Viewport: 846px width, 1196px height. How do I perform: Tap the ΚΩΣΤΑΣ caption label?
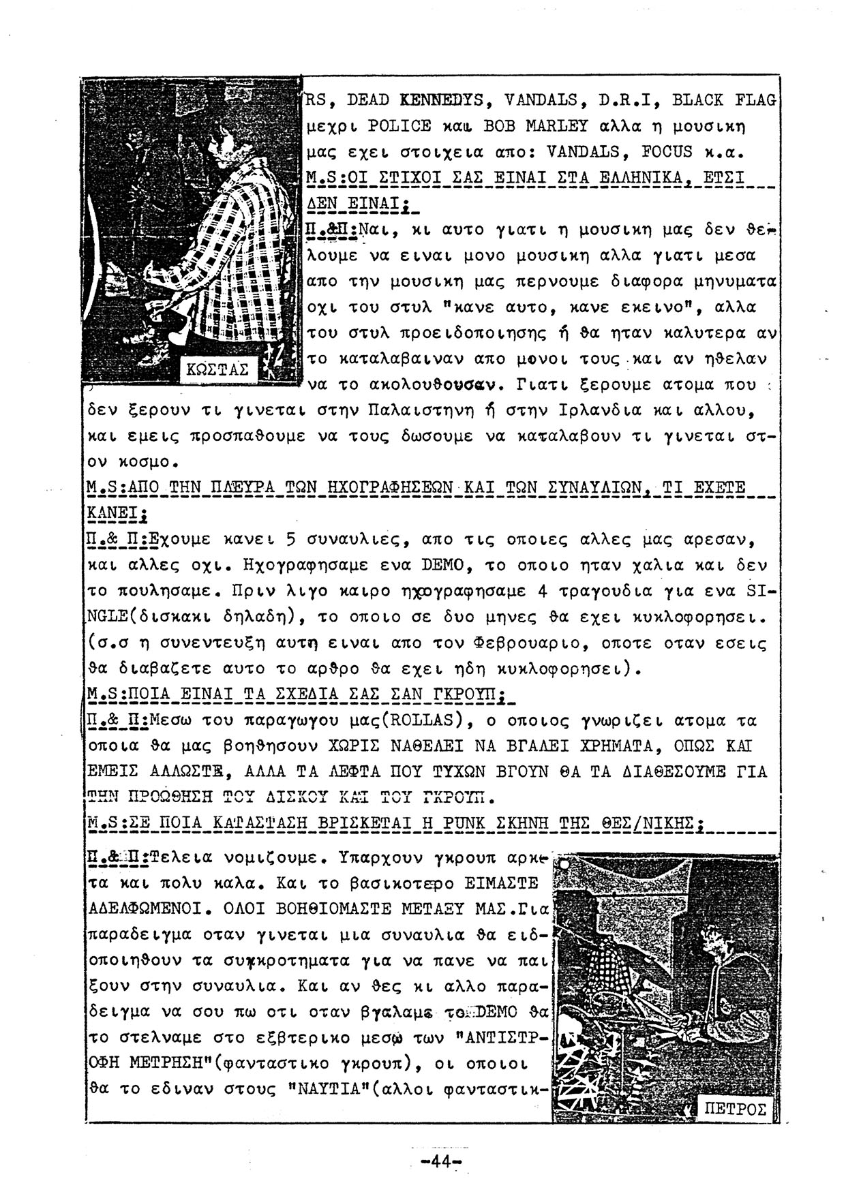point(217,370)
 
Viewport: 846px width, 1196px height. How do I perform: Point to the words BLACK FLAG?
point(724,100)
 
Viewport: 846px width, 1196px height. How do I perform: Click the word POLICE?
point(399,126)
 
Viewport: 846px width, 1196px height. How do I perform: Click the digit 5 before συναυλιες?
point(289,540)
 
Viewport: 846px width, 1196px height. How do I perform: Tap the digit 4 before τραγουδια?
point(542,591)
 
